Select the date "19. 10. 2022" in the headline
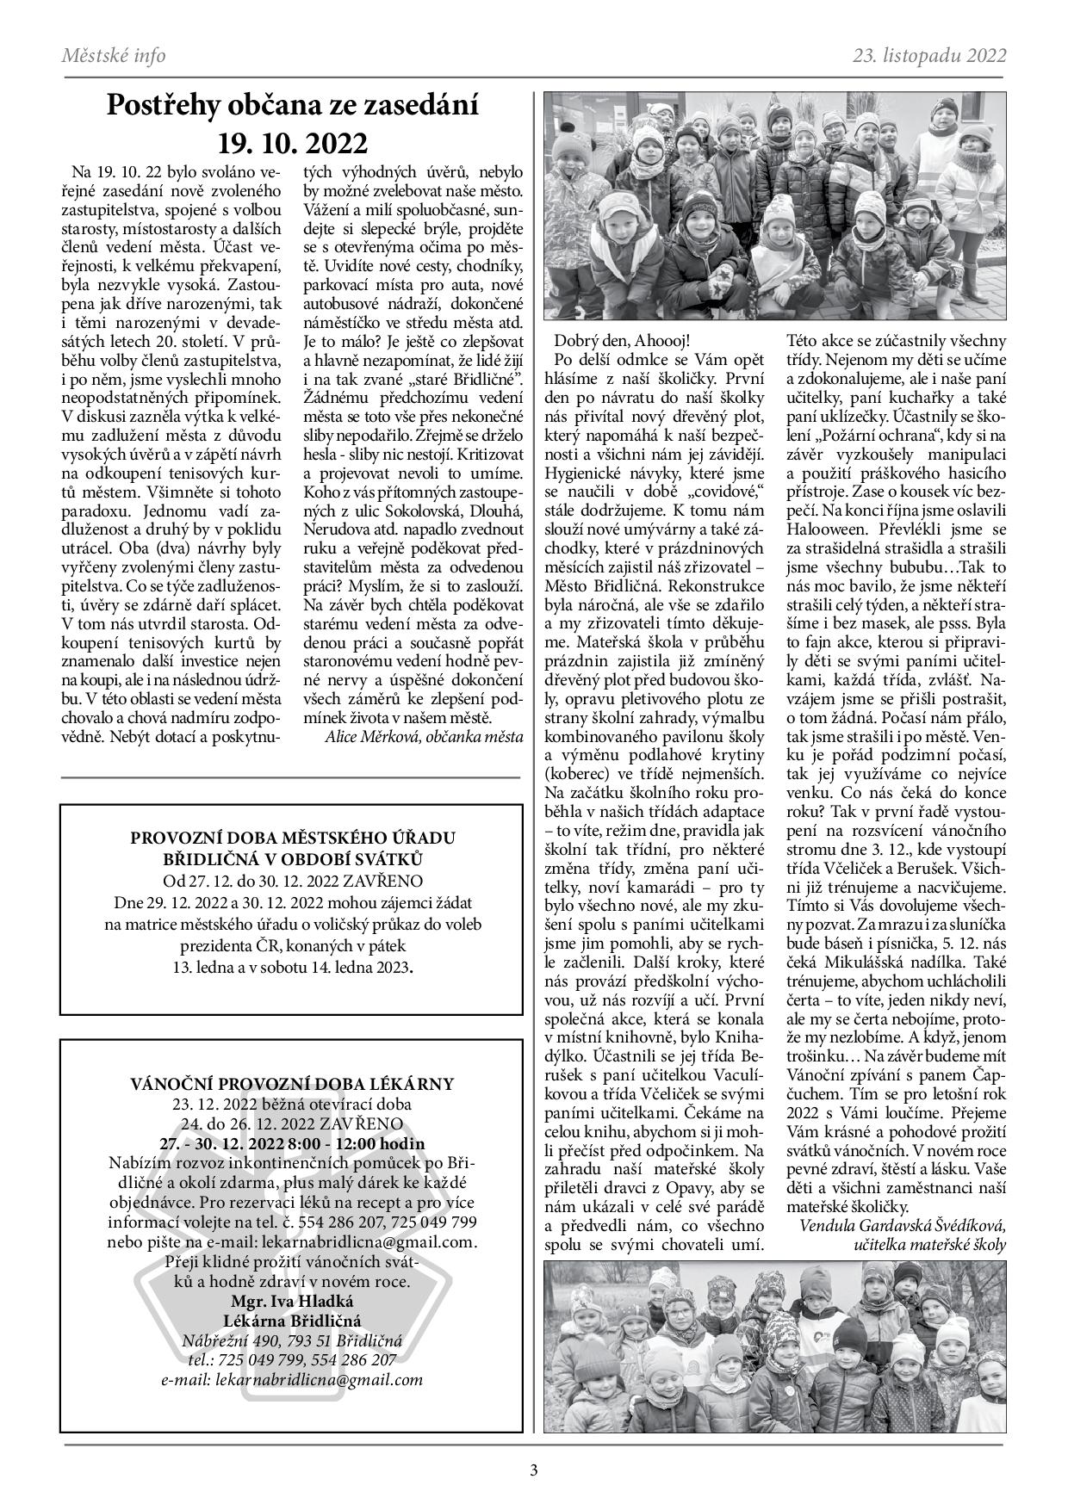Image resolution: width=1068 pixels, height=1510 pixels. [292, 141]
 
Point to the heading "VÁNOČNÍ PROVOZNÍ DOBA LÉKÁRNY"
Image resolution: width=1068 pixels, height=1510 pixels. [292, 1083]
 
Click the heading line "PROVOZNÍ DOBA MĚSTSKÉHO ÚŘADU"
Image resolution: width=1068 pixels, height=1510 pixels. [292, 838]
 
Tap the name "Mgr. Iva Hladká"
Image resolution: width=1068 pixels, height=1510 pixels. [292, 1301]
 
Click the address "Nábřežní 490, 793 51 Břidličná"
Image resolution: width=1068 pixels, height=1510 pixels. [292, 1340]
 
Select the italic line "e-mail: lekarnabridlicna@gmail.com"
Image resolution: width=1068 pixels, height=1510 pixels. [292, 1380]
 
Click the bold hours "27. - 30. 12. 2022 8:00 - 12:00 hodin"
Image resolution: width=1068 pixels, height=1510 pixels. [292, 1143]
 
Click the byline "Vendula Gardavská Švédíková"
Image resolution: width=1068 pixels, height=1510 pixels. [903, 1225]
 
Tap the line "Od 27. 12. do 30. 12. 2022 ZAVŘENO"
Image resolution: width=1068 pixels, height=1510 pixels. [292, 882]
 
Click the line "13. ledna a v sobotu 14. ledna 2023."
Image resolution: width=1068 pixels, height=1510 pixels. [292, 967]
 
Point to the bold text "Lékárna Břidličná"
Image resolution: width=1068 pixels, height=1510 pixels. [292, 1321]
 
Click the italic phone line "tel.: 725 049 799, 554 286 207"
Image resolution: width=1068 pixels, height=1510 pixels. [292, 1360]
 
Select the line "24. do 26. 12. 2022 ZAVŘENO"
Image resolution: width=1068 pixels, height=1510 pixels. [292, 1123]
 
